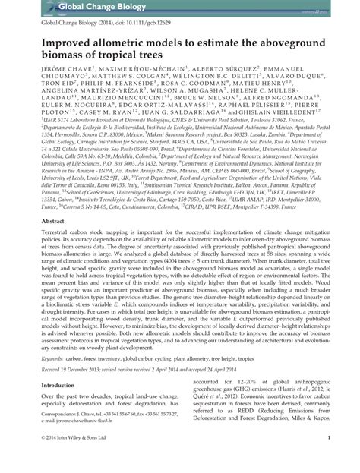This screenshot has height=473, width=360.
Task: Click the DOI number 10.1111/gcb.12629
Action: coord(155,24)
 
